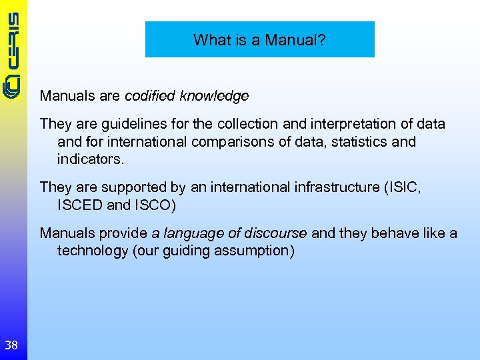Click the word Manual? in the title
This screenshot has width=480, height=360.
(x=295, y=40)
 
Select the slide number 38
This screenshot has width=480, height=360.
(x=11, y=345)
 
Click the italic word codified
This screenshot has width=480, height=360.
(x=149, y=96)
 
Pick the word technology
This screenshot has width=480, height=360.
(x=92, y=251)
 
